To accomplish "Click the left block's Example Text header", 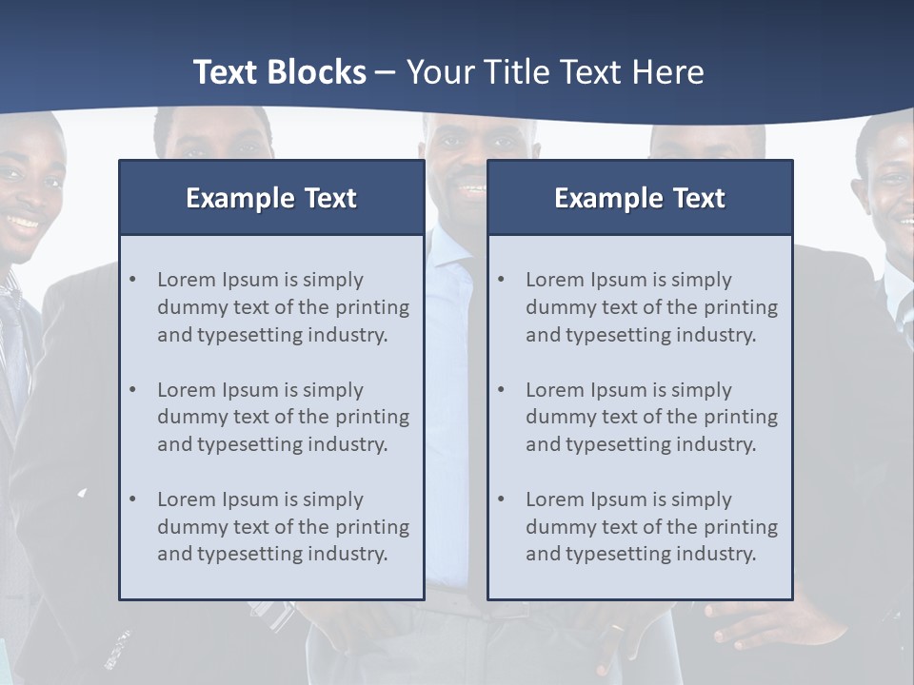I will coord(271,198).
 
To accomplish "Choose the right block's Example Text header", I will coord(640,198).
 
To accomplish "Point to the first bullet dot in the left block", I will coord(132,280).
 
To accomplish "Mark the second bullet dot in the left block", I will coord(132,390).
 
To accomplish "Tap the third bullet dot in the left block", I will coord(132,499).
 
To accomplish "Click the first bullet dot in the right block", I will coord(501,280).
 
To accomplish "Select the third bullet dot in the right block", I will coord(501,499).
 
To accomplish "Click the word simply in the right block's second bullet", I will coord(701,390).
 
